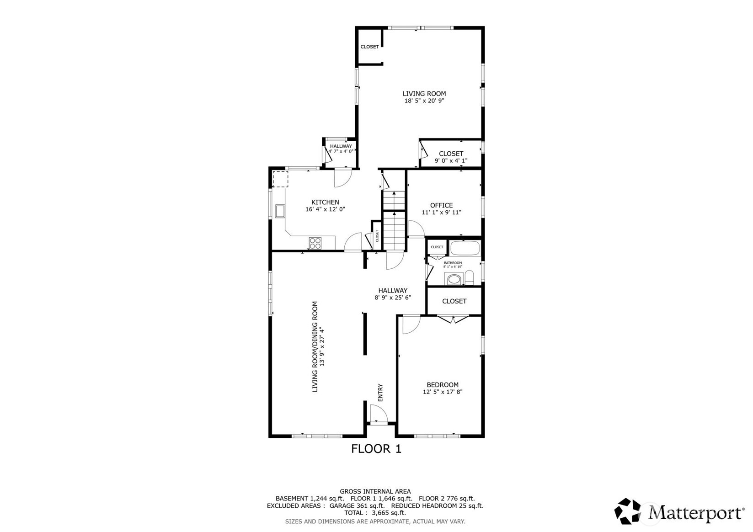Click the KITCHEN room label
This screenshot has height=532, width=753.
325,202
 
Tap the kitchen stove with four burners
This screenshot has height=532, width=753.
315,243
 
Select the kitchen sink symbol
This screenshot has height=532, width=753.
280,211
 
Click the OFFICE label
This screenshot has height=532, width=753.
441,205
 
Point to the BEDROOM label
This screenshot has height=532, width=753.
442,385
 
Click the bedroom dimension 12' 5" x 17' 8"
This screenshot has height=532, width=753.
442,392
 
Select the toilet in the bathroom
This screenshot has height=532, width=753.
469,277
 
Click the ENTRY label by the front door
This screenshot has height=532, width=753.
380,393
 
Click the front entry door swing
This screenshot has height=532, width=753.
379,415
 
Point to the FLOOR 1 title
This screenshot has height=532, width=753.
376,449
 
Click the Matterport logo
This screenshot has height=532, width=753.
679,511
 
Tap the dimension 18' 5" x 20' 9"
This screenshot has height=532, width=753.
424,101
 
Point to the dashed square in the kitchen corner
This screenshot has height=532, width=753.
280,179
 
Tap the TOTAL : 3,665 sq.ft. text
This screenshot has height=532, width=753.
375,513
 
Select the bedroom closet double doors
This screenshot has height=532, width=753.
453,319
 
